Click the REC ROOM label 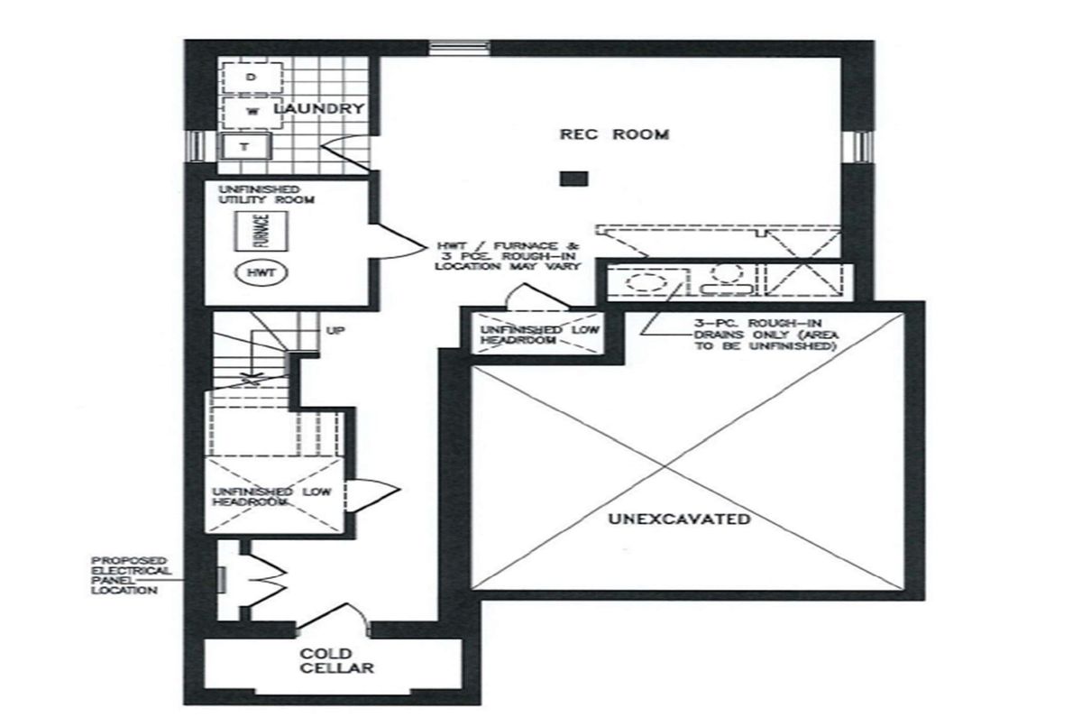click(x=614, y=134)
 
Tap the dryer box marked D click(x=252, y=78)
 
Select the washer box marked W click(x=252, y=112)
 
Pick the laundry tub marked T click(x=245, y=146)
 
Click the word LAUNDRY click(x=319, y=109)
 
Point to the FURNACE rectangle click(x=261, y=232)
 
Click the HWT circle click(x=261, y=273)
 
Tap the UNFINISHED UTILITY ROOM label click(x=266, y=194)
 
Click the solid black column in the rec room click(x=573, y=179)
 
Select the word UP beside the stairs click(x=335, y=331)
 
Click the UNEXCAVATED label click(x=679, y=519)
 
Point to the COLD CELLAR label click(x=336, y=661)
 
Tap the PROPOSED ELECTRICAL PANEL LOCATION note click(x=131, y=575)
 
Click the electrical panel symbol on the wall click(x=221, y=580)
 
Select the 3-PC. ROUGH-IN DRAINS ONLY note click(x=766, y=335)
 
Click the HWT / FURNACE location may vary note click(x=507, y=256)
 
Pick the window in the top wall click(x=459, y=48)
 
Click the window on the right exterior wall click(x=857, y=147)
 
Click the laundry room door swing click(x=345, y=152)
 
